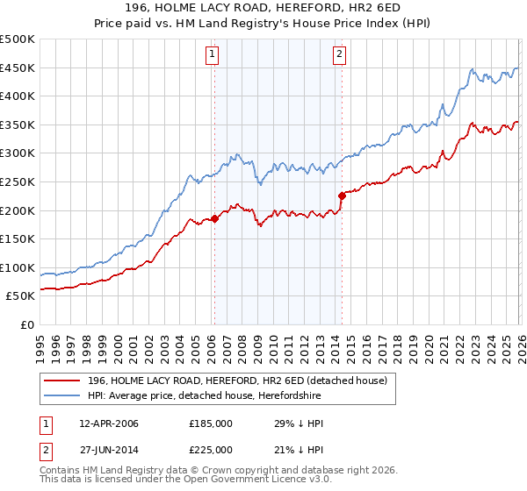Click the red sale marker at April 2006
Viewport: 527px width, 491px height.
(x=214, y=219)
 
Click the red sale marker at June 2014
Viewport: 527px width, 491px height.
(x=342, y=196)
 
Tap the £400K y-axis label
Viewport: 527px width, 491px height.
(x=18, y=96)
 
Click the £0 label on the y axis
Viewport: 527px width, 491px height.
(x=27, y=324)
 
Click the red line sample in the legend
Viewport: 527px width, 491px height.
(x=63, y=380)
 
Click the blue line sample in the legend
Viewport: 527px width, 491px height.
(x=63, y=395)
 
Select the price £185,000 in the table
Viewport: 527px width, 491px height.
(x=211, y=423)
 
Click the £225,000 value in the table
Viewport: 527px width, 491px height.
(x=211, y=450)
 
